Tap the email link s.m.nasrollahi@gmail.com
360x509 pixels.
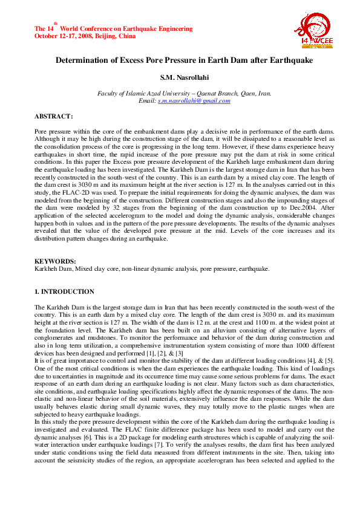pyautogui.click(x=194, y=100)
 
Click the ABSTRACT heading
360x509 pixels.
pyautogui.click(x=54, y=115)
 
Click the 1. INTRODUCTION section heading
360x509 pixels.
pyautogui.click(x=64, y=291)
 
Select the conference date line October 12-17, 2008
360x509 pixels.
pyautogui.click(x=85, y=36)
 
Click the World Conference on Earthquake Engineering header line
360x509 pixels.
pyautogui.click(x=121, y=28)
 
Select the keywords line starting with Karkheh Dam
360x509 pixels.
pyautogui.click(x=152, y=268)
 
